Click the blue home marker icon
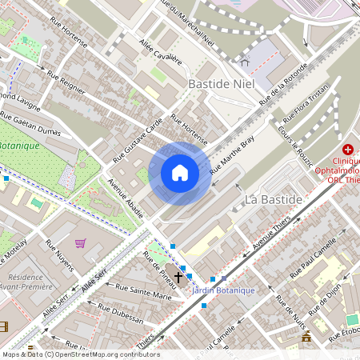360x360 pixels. click(180, 173)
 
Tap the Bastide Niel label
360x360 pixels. click(220, 82)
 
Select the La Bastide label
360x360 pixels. click(273, 198)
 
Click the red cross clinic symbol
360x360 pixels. click(348, 150)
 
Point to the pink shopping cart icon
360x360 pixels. click(80, 242)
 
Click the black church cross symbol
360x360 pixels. click(178, 277)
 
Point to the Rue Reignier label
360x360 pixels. click(66, 84)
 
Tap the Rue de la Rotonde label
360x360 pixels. click(283, 85)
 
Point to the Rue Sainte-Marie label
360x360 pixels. click(144, 291)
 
